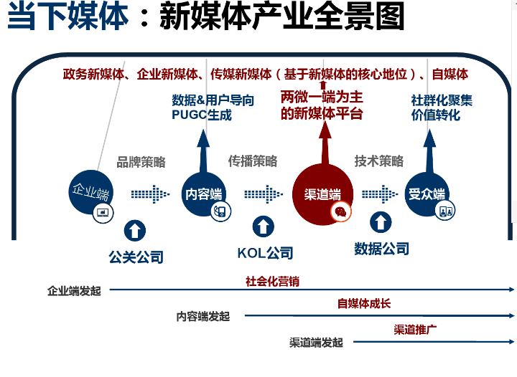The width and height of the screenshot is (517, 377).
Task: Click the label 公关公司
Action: tap(136, 257)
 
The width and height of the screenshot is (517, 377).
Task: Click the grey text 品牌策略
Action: tap(141, 161)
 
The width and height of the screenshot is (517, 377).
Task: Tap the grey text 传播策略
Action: tap(253, 161)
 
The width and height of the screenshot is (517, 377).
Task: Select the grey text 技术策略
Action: tap(379, 161)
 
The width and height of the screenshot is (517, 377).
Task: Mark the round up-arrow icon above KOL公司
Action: tap(264, 227)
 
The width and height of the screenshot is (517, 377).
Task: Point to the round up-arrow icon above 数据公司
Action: tap(381, 221)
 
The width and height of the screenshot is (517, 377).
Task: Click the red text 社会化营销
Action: tap(272, 282)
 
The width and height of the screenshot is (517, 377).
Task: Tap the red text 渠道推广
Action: tap(416, 330)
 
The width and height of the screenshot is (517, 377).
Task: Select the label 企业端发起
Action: tap(75, 291)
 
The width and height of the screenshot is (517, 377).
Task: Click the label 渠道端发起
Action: tap(316, 343)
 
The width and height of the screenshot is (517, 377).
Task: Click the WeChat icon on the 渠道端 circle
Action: tap(339, 211)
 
